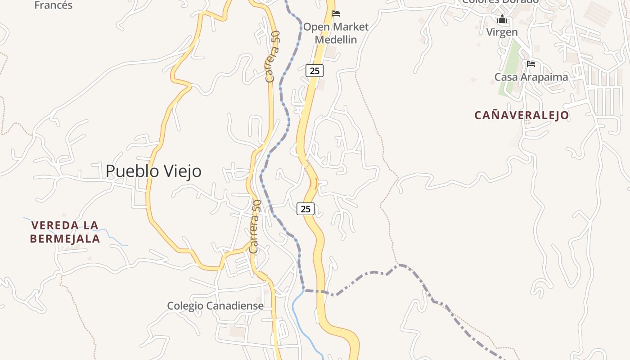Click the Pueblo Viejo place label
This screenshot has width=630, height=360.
point(153,171)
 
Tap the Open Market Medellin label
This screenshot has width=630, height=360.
point(336,33)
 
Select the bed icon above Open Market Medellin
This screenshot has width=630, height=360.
point(336,13)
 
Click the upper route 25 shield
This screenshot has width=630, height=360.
point(315,71)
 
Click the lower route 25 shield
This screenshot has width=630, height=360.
point(306,209)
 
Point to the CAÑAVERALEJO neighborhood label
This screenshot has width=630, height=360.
point(522,115)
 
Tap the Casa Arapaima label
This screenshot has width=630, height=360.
point(531,77)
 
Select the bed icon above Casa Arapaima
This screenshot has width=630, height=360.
point(531,64)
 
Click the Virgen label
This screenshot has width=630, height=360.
point(502,32)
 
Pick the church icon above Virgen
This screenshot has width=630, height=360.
point(502,19)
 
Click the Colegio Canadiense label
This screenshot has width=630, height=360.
point(215,306)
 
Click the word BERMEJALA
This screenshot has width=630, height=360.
point(65,238)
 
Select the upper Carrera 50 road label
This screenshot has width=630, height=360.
point(273,56)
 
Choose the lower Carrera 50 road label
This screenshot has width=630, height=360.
point(255,226)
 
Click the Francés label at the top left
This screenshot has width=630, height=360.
point(53,5)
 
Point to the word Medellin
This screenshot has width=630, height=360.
point(336,40)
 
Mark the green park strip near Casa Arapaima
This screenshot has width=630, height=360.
point(508,67)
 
